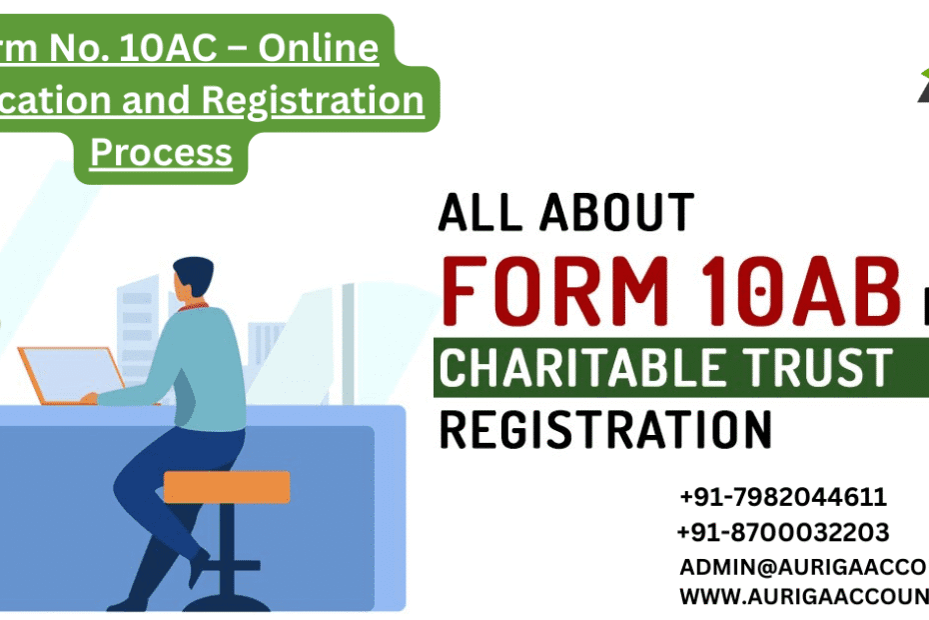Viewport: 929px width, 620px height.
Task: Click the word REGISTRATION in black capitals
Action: coord(605,430)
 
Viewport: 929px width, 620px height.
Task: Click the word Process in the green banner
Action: coord(161,153)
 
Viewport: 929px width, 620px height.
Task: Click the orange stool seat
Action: coord(227,487)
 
